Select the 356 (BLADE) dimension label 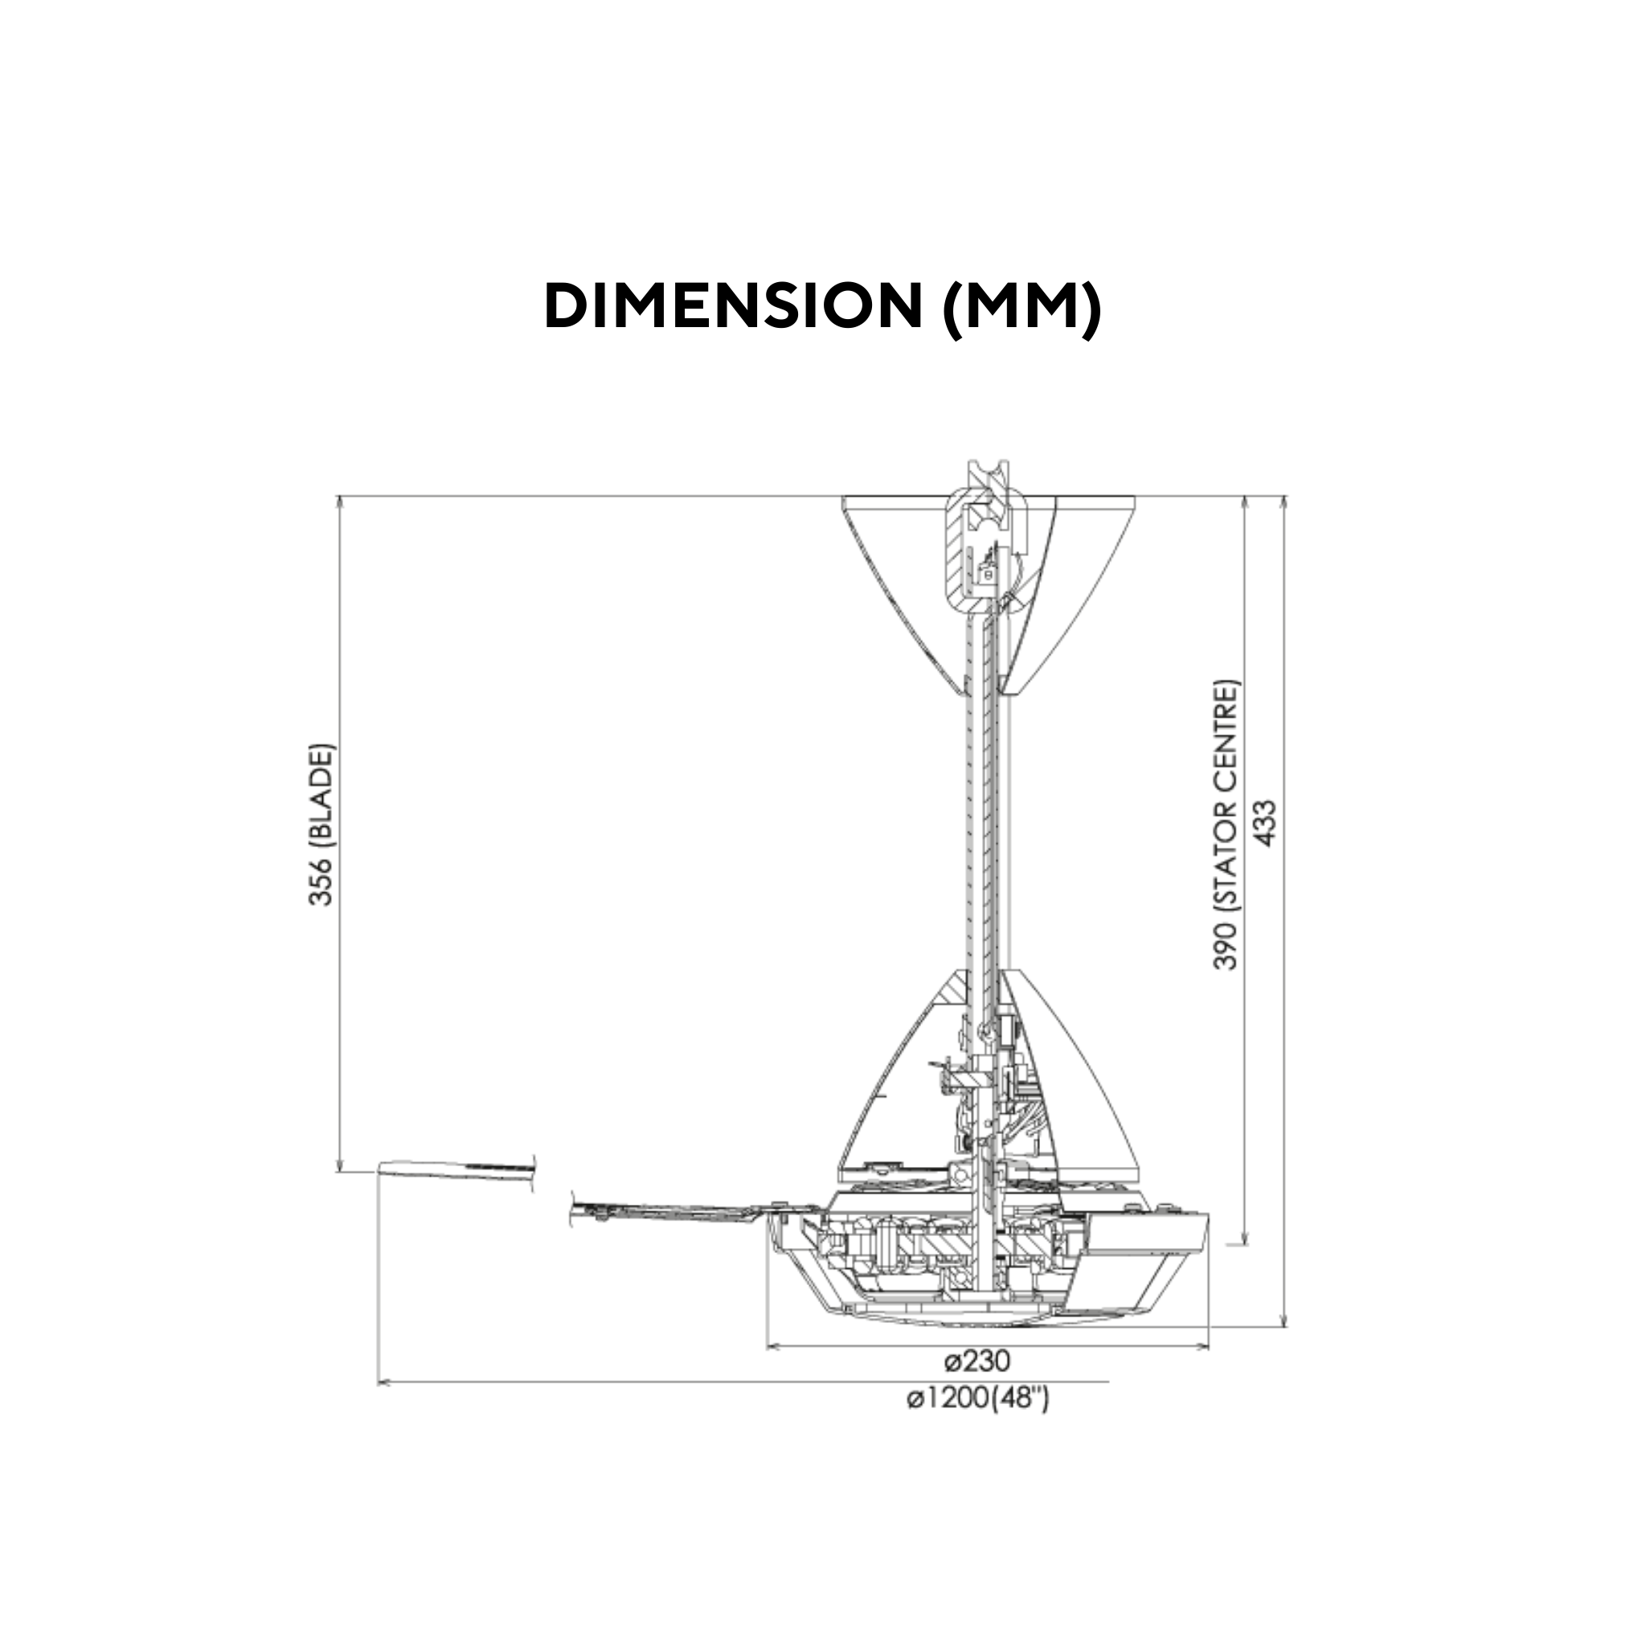point(322,825)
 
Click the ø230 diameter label point(978,1361)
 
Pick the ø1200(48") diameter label point(978,1398)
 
